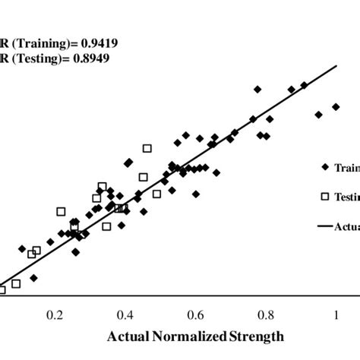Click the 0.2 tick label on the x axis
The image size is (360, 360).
[55, 314]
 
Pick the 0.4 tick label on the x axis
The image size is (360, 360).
[125, 314]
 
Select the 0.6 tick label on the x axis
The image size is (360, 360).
[196, 314]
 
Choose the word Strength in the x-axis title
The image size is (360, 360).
[257, 336]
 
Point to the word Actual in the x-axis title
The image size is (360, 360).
[128, 336]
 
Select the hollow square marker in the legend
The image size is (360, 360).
[324, 197]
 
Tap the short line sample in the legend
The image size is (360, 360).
[324, 226]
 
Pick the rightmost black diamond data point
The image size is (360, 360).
[336, 107]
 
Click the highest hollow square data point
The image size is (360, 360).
[147, 148]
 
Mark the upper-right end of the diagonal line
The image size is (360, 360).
[335, 66]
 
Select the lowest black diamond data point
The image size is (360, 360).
[33, 278]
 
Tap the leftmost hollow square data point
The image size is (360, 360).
[2, 289]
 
